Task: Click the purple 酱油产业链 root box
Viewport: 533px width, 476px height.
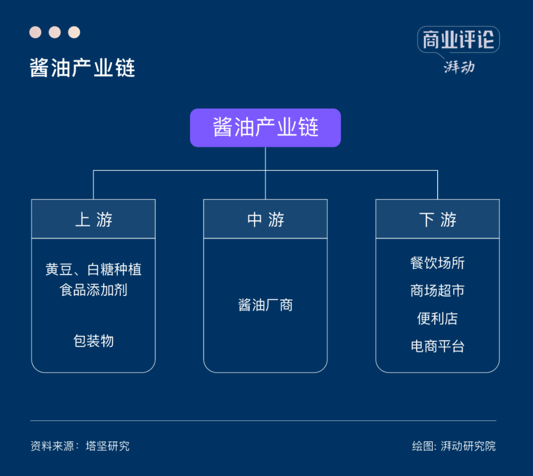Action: click(266, 127)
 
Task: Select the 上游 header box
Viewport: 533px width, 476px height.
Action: click(93, 219)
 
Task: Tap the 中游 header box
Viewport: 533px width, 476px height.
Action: click(266, 219)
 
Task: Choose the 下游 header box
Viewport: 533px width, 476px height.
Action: click(437, 219)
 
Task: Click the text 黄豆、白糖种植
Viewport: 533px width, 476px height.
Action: click(93, 269)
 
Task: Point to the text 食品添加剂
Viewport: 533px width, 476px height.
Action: click(93, 289)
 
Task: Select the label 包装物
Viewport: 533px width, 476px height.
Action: click(93, 341)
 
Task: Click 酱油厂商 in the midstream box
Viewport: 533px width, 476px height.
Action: click(266, 305)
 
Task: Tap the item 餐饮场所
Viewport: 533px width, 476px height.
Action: click(437, 263)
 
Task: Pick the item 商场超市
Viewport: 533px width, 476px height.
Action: click(437, 290)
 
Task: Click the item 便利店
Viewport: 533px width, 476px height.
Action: click(437, 318)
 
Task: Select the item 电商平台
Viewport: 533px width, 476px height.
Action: click(437, 346)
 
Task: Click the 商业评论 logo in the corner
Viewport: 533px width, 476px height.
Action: click(458, 40)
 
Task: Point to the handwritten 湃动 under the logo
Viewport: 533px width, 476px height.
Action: click(459, 66)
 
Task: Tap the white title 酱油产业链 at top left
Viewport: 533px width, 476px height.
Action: click(82, 68)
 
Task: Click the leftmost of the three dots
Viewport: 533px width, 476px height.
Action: click(35, 33)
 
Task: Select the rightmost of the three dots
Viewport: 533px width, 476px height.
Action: click(74, 33)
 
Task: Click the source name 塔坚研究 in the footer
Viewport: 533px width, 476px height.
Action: click(108, 446)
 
